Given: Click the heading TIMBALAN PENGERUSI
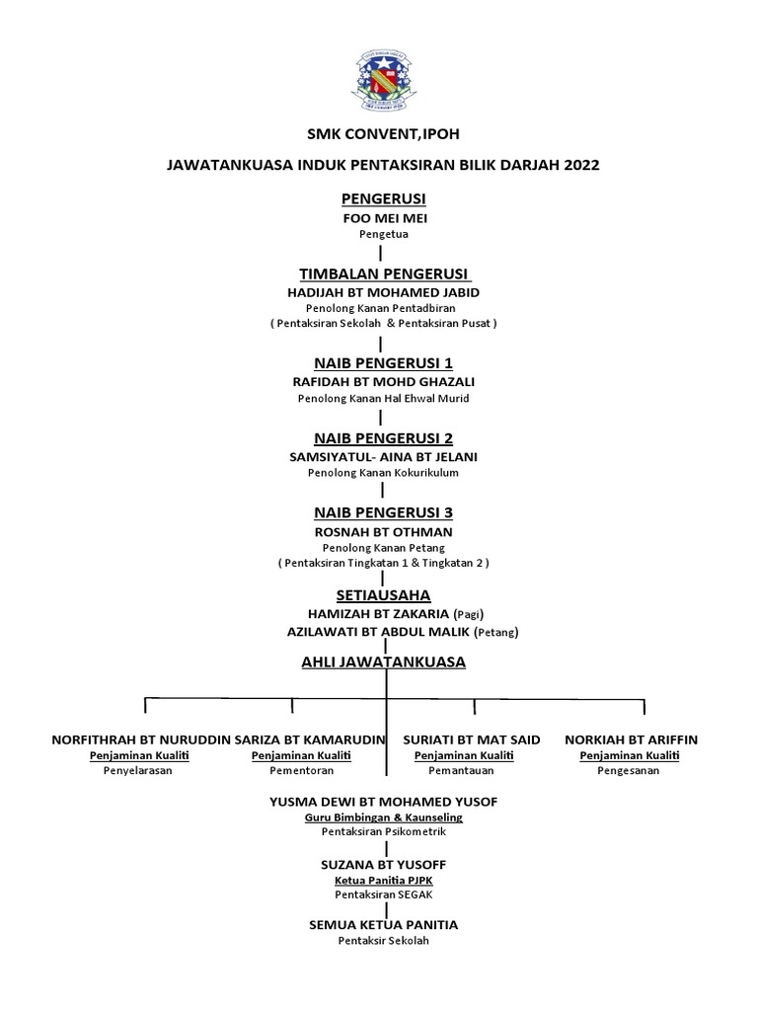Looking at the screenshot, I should (384, 273).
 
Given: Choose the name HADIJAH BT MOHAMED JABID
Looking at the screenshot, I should (384, 293).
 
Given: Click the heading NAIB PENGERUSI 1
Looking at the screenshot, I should (383, 362).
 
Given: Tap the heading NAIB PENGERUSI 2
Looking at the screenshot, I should (383, 437).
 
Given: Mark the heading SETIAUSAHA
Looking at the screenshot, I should (383, 595).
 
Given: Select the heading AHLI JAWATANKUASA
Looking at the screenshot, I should (383, 662).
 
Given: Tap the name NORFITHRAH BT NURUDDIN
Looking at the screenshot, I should (140, 739).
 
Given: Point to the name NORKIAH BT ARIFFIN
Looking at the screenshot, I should (638, 739).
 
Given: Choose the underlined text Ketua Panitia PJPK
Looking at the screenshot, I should (383, 878).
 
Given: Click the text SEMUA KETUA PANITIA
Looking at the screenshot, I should (384, 925).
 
